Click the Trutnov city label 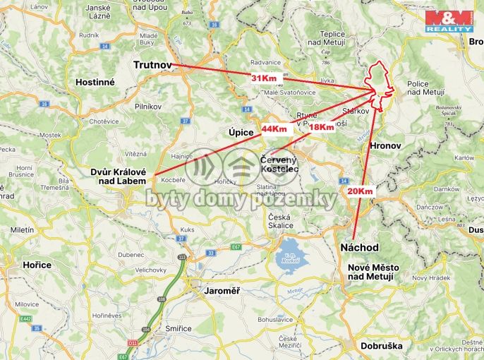(x=152, y=65)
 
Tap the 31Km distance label (x=264, y=78)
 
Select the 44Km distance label (x=274, y=129)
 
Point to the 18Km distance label (x=321, y=127)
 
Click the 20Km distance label (x=359, y=191)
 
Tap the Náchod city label (x=359, y=248)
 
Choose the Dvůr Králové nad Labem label (x=118, y=176)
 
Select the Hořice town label (x=37, y=265)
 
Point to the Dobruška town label (x=381, y=346)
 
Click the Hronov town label (x=385, y=145)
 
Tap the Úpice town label (x=241, y=132)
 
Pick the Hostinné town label (x=95, y=82)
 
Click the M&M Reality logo (x=449, y=20)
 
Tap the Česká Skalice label (x=279, y=220)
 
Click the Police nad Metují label (x=428, y=88)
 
